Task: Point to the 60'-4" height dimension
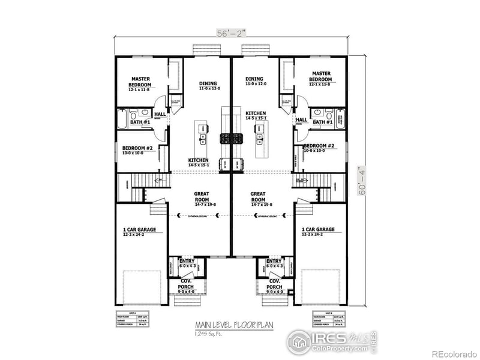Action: (x=360, y=178)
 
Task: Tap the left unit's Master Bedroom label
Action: (x=140, y=82)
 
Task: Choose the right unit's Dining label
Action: (x=254, y=81)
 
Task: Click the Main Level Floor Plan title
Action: (x=231, y=325)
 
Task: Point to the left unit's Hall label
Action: (x=160, y=114)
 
